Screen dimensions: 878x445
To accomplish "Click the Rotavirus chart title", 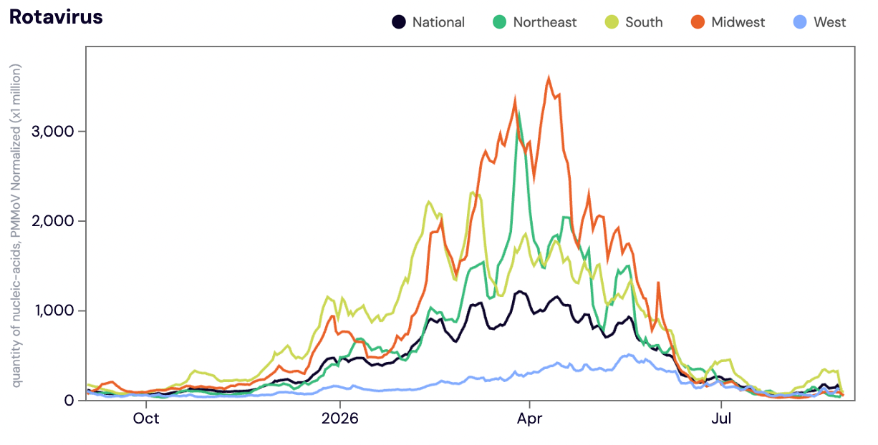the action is tap(56, 17).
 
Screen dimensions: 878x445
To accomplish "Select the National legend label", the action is tap(438, 22).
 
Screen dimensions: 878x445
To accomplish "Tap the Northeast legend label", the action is tap(545, 22).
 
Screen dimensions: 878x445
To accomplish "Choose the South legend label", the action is tap(644, 22).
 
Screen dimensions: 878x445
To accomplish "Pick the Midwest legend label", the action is tap(738, 22).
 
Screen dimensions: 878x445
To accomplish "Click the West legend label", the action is tap(830, 22).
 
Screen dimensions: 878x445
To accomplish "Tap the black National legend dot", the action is tap(399, 22).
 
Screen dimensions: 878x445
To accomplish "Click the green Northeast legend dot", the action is tap(500, 22).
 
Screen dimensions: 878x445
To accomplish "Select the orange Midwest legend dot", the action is tap(698, 22).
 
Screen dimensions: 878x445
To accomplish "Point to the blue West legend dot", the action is tap(800, 22).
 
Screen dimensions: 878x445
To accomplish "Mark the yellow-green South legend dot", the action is tap(612, 22).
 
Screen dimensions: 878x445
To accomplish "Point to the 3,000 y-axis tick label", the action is tap(53, 132).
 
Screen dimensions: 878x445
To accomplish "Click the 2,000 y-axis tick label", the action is tap(53, 221).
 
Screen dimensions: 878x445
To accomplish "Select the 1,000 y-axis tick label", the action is tap(54, 311).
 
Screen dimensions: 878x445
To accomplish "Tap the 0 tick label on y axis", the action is tap(69, 401).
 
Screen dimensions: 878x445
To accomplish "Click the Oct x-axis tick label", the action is tap(146, 419).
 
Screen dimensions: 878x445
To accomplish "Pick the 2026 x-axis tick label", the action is tap(340, 419).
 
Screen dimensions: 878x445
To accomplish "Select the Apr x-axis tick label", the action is tap(529, 419).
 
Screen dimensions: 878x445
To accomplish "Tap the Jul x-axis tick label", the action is tap(721, 419).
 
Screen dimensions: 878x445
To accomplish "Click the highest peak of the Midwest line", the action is tap(549, 77).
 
